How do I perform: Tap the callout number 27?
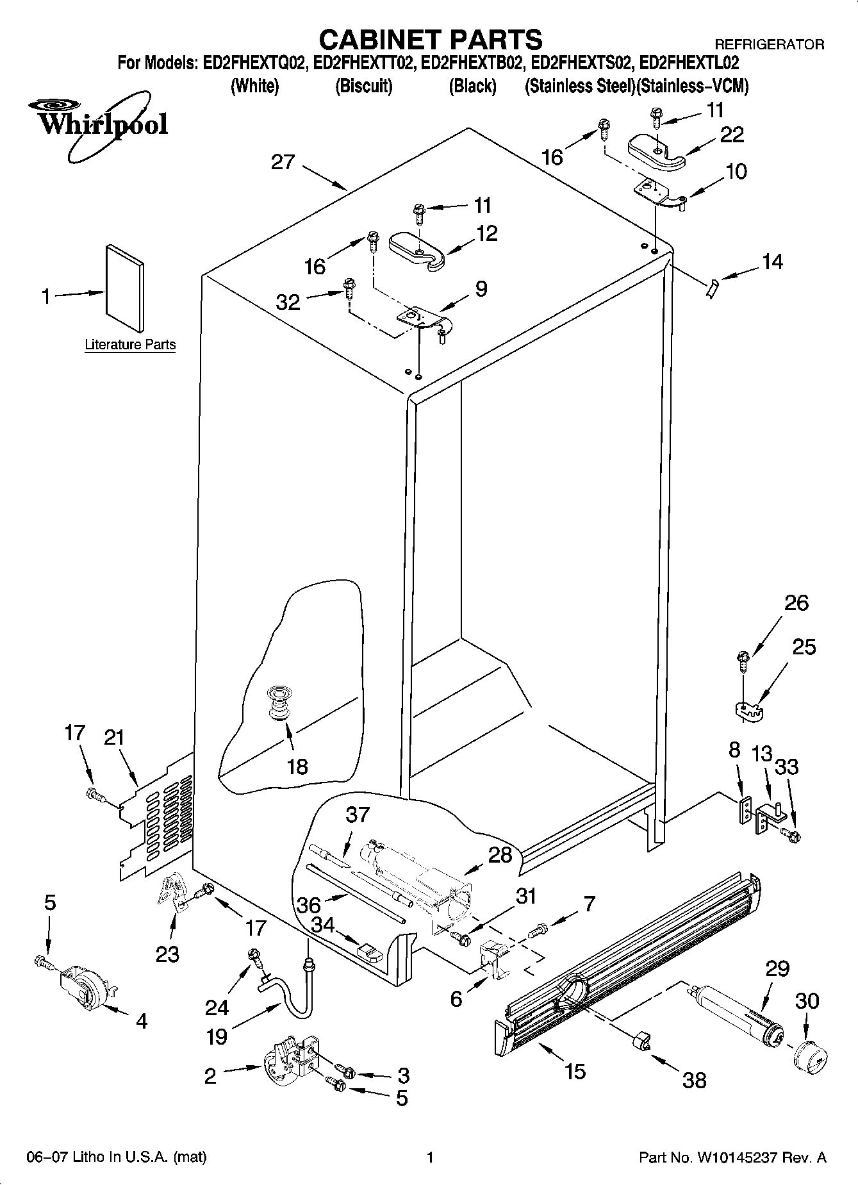coord(283,162)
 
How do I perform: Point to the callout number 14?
coord(772,262)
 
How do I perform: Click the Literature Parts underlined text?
coord(130,345)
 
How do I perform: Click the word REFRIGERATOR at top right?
coord(769,45)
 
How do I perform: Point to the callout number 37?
coord(358,815)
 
